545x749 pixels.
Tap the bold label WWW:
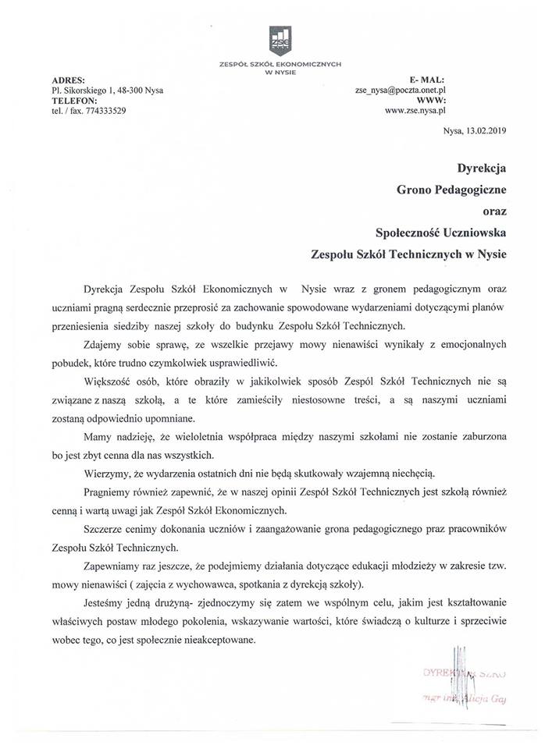coord(492,101)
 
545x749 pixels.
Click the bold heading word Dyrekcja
coord(483,166)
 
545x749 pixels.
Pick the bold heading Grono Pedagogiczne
coord(451,187)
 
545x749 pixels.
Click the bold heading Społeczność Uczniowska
coord(441,230)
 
